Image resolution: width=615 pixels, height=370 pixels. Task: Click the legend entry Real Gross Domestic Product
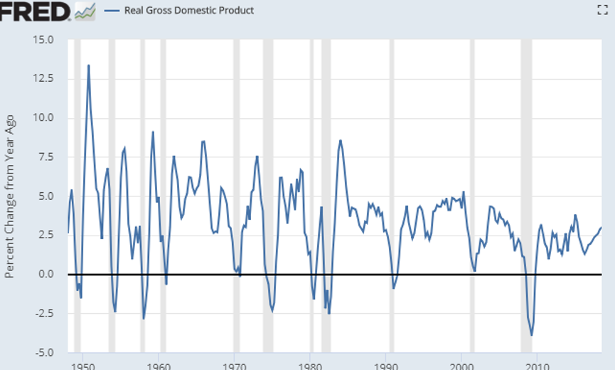pyautogui.click(x=188, y=11)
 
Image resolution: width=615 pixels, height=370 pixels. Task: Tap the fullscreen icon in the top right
pyautogui.click(x=601, y=10)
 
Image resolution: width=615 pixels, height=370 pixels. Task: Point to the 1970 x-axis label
pyautogui.click(x=235, y=364)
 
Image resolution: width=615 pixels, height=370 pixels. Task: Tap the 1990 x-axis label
pyautogui.click(x=385, y=364)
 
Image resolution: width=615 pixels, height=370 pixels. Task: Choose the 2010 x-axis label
pyautogui.click(x=537, y=364)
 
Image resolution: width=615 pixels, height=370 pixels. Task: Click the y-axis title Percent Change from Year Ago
pyautogui.click(x=10, y=196)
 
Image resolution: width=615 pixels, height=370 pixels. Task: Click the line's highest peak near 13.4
pyautogui.click(x=88, y=65)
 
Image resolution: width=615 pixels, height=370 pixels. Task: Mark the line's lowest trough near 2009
pyautogui.click(x=531, y=334)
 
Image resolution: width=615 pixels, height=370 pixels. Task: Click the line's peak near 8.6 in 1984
pyautogui.click(x=341, y=140)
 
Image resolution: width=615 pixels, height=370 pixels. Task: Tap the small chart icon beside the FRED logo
pyautogui.click(x=85, y=11)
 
